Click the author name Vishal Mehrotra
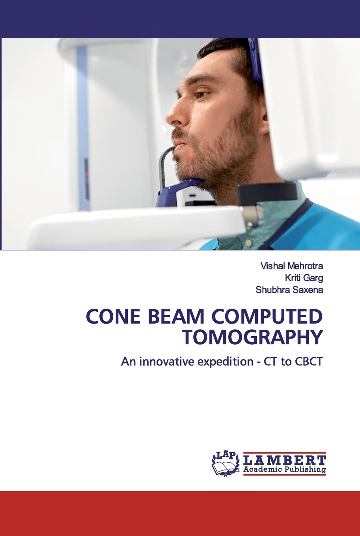[291, 266]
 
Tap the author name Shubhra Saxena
[289, 290]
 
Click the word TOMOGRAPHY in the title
[252, 337]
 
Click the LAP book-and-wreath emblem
[226, 463]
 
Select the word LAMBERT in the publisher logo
[285, 460]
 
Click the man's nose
[173, 114]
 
